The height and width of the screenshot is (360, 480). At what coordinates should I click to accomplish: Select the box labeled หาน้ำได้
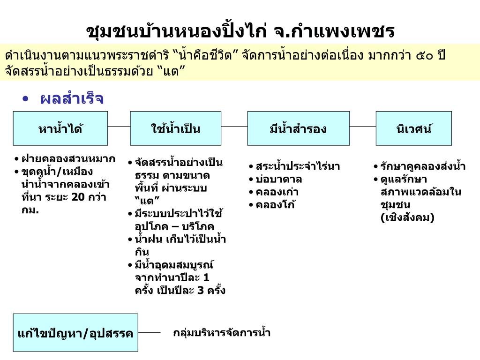[60, 128]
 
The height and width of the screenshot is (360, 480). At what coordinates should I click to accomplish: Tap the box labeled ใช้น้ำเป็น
[176, 128]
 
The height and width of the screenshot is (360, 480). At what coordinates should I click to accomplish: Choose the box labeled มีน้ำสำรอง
[298, 128]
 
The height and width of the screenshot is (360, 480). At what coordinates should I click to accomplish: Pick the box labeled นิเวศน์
[413, 128]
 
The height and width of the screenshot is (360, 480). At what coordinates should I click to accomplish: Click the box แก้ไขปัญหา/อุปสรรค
[75, 333]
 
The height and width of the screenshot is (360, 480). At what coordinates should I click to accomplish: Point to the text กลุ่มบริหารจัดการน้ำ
[222, 333]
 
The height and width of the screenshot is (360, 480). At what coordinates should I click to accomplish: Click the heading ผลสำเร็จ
[72, 99]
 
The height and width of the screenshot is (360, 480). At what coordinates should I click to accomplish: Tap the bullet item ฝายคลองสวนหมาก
[68, 159]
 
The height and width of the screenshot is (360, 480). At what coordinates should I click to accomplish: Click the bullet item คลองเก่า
[277, 192]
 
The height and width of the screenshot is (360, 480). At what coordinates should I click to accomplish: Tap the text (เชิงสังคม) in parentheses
[407, 217]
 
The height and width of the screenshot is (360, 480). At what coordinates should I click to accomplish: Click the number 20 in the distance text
[78, 197]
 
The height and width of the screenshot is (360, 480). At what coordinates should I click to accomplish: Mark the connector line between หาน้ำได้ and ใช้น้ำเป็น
[119, 127]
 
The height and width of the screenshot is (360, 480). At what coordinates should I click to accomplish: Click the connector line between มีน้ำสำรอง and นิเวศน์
[363, 127]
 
